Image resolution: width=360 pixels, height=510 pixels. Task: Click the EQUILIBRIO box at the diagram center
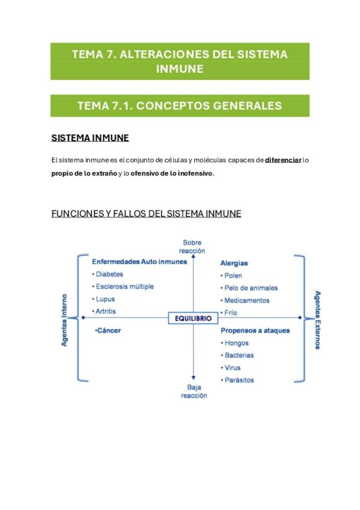coord(193,318)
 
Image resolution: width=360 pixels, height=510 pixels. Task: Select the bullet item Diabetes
coord(108,274)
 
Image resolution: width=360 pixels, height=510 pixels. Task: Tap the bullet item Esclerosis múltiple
coord(123,286)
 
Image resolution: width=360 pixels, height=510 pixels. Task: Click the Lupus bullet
coord(103,299)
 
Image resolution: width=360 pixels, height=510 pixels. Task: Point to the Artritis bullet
coord(104,312)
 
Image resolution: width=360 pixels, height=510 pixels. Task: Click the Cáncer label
coord(108,330)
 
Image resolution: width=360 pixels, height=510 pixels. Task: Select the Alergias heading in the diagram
coord(234,263)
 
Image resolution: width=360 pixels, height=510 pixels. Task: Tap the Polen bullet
coord(231,275)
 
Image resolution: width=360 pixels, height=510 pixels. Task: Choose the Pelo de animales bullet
coord(249,288)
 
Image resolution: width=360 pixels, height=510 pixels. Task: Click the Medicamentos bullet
coord(245,300)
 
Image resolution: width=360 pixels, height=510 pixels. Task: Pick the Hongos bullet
coord(234,343)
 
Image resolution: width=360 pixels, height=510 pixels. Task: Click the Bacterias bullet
coord(237,355)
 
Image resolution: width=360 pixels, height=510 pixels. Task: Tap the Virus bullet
coord(231,367)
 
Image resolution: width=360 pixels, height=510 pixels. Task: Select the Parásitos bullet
coord(237,380)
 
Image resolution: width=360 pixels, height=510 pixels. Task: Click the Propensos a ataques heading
coord(255,330)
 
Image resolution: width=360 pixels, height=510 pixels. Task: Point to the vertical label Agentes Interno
coord(64,321)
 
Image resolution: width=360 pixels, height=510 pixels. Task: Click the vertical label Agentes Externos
coord(318,320)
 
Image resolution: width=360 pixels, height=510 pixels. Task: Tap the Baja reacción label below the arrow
coord(194,392)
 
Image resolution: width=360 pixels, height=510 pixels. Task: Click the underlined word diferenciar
coord(283,160)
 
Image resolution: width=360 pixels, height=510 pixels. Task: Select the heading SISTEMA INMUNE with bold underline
coord(90,138)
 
